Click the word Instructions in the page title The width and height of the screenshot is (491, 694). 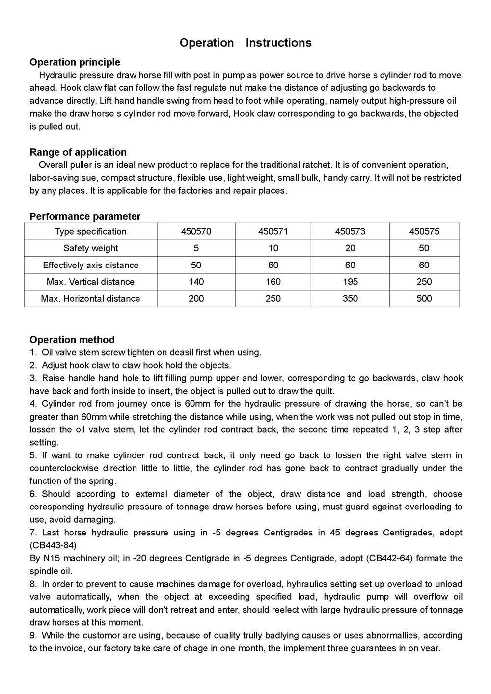point(278,43)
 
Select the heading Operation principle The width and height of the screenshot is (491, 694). point(75,62)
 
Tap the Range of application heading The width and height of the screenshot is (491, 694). point(78,152)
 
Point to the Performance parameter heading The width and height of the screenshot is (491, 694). point(85,216)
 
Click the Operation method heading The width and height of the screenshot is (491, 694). point(72,340)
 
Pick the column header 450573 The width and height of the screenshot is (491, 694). point(350,231)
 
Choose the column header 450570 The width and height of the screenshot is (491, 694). point(196,231)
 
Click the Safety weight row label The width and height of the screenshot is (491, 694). point(90,248)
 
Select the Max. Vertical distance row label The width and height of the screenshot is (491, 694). point(90,282)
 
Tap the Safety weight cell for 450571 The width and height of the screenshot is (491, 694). point(273,248)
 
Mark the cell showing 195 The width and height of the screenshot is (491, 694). point(350,282)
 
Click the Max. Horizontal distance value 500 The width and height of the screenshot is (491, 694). point(424,298)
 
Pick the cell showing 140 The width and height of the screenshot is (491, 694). point(196,282)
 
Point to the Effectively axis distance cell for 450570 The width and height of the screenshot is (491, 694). point(196,265)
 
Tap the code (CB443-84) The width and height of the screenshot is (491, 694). point(53,545)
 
